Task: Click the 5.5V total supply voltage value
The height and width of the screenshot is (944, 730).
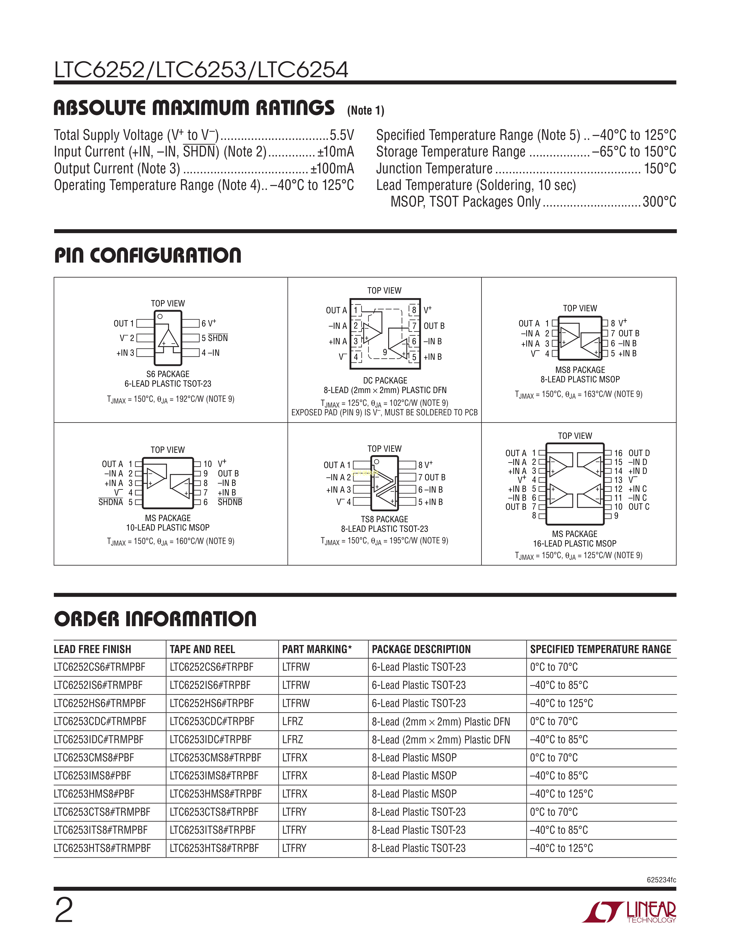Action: (342, 135)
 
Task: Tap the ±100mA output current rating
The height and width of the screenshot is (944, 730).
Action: (332, 168)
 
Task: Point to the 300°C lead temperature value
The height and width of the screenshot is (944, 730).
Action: (659, 202)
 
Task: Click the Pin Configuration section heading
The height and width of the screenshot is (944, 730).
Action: (147, 255)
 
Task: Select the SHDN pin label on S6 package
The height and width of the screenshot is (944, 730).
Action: (218, 338)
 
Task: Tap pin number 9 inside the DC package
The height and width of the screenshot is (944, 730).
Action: (385, 352)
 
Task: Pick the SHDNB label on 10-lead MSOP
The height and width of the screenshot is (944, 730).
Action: (230, 502)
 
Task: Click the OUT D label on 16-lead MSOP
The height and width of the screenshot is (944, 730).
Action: (639, 453)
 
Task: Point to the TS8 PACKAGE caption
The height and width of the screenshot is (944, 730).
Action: (384, 519)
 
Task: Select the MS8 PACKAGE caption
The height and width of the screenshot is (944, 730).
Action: (580, 370)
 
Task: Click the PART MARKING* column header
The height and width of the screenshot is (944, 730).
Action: (317, 649)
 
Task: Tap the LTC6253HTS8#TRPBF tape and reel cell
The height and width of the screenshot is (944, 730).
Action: (214, 848)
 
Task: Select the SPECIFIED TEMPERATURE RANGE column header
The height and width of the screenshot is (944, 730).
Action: (600, 649)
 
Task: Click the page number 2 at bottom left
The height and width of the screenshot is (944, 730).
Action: (64, 910)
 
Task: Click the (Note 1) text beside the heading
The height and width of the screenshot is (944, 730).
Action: (366, 111)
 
